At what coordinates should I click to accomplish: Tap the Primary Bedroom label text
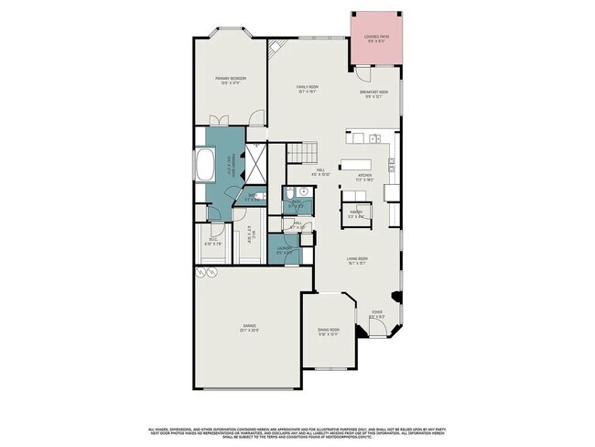231,81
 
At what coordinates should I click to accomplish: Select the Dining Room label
328,331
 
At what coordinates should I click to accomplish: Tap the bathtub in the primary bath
204,169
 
